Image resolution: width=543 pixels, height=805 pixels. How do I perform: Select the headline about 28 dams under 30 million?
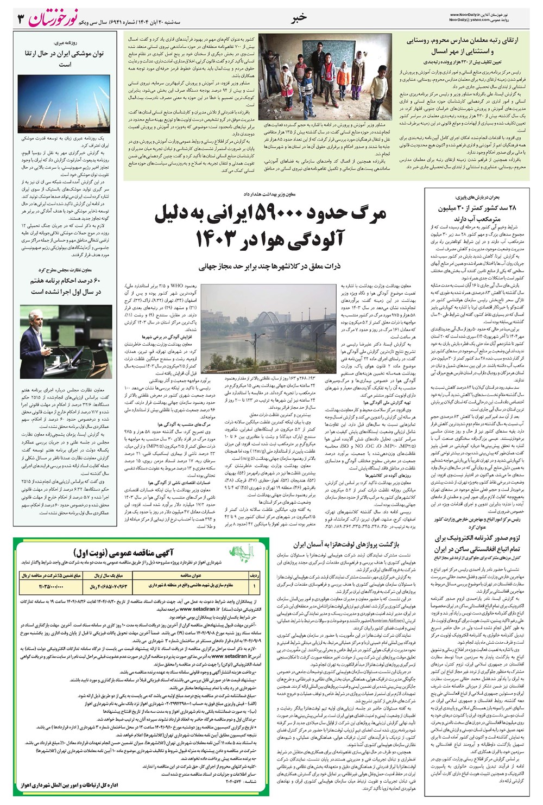(477, 213)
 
